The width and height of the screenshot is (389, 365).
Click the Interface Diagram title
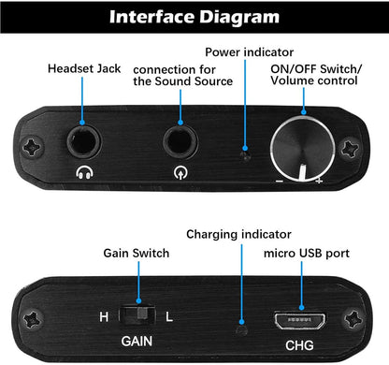pyautogui.click(x=194, y=16)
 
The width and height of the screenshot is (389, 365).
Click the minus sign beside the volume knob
pyautogui.click(x=280, y=180)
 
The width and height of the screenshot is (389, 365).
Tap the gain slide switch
pyautogui.click(x=143, y=316)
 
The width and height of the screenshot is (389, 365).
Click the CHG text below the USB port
pyautogui.click(x=301, y=344)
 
